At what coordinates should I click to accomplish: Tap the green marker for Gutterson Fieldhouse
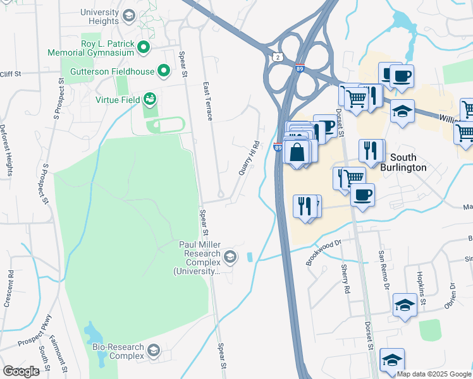click(164, 71)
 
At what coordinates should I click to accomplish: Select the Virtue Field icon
click(150, 99)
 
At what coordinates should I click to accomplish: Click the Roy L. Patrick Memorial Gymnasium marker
click(144, 47)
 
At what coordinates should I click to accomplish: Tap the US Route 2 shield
click(278, 57)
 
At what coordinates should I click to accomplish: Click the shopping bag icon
click(297, 152)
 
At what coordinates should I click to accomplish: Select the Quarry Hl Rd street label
click(248, 159)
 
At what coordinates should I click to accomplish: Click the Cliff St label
click(11, 74)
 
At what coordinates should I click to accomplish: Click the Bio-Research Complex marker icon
click(153, 350)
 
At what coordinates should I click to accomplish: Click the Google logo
click(21, 371)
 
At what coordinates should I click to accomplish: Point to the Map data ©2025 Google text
click(434, 374)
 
